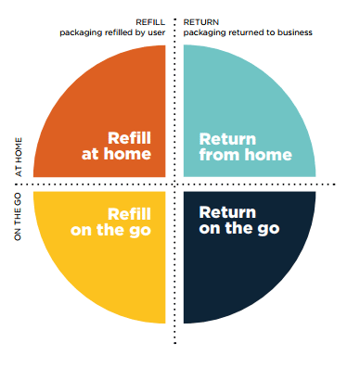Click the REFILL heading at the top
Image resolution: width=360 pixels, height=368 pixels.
(150, 22)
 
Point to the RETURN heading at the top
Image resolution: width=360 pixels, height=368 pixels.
(201, 22)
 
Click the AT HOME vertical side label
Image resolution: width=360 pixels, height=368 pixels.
(19, 157)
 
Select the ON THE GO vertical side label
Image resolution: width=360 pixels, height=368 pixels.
(18, 217)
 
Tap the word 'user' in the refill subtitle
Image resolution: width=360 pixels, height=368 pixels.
(157, 32)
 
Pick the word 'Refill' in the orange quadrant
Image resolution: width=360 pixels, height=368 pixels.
(129, 138)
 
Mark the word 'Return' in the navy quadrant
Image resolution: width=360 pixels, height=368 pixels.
(227, 212)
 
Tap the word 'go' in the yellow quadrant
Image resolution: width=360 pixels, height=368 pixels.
(140, 231)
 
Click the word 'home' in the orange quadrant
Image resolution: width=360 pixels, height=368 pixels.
(127, 154)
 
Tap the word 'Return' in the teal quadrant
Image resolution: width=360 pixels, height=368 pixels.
(227, 139)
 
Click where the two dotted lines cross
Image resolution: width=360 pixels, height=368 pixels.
(174, 184)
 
